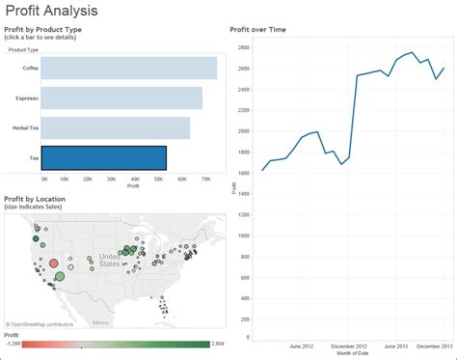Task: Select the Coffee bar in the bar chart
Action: coord(128,68)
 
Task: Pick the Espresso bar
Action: coord(121,97)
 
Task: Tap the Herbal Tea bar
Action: coord(115,127)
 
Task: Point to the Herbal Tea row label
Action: coord(26,128)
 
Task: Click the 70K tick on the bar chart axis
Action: coord(204,180)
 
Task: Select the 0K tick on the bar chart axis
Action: coord(44,180)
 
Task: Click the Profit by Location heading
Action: coord(37,198)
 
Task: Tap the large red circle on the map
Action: coord(54,263)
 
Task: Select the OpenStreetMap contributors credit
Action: coord(40,323)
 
